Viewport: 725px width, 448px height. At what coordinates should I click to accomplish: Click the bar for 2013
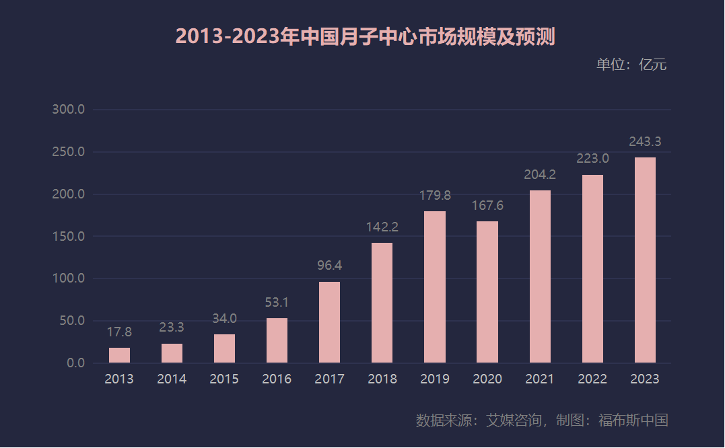click(119, 355)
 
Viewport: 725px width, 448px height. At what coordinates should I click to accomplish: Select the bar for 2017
click(329, 322)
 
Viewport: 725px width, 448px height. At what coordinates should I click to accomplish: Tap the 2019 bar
click(434, 287)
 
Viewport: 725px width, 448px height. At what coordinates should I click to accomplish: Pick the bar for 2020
click(487, 292)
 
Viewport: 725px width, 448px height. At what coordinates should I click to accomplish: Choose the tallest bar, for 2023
click(645, 260)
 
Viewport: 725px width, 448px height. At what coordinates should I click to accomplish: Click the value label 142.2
click(382, 227)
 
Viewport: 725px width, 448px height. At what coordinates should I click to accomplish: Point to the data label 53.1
click(277, 303)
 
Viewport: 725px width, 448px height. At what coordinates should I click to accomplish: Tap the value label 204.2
click(540, 175)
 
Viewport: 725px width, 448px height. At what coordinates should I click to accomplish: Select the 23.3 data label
click(172, 328)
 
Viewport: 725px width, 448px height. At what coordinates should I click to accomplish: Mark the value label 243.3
click(645, 142)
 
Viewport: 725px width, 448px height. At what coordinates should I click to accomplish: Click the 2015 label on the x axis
click(224, 379)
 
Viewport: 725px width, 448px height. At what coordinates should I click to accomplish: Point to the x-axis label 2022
click(592, 379)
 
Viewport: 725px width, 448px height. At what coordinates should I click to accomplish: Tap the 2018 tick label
click(382, 379)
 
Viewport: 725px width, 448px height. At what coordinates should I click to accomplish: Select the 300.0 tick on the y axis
click(69, 110)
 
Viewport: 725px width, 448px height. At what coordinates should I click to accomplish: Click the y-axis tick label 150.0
click(69, 237)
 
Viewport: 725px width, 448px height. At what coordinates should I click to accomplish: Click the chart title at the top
click(365, 36)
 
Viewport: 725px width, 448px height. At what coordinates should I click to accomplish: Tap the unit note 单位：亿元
click(631, 65)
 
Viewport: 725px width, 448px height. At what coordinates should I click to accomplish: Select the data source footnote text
click(541, 420)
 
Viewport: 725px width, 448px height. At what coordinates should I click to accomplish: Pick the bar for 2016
click(277, 340)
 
